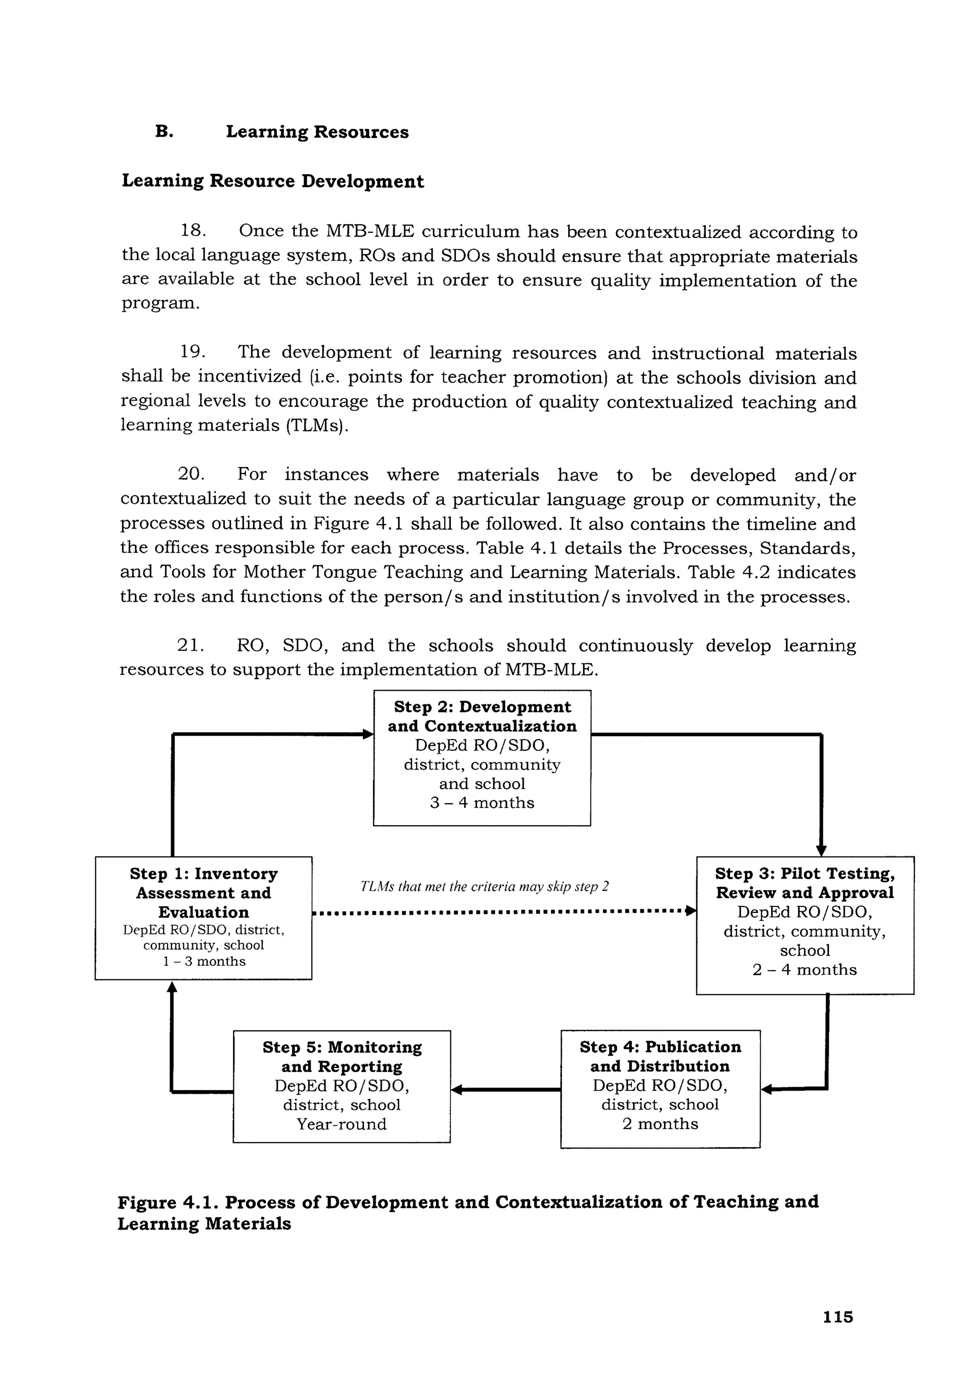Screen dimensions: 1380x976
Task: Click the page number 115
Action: (x=838, y=1317)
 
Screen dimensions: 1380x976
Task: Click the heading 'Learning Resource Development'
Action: (x=273, y=181)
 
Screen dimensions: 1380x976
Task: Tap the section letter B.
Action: (x=163, y=131)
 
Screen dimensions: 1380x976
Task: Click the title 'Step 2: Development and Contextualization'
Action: (x=482, y=717)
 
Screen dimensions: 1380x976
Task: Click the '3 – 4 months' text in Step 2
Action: (x=482, y=803)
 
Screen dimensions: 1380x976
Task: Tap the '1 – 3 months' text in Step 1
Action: (x=204, y=961)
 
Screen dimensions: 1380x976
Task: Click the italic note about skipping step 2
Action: (x=484, y=887)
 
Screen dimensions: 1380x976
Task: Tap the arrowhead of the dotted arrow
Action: (x=691, y=911)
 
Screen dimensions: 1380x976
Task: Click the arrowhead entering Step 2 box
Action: (x=367, y=734)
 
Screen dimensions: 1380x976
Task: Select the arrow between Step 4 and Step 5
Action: (x=505, y=1090)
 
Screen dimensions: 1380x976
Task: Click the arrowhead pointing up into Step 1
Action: (x=172, y=988)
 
